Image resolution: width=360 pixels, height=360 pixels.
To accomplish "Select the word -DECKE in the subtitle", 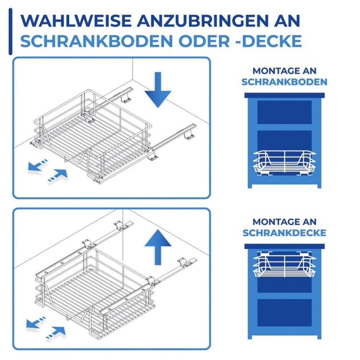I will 267,41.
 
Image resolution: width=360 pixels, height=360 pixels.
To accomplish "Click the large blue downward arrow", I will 158,90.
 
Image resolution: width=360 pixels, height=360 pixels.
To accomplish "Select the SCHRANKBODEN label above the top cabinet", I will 284,82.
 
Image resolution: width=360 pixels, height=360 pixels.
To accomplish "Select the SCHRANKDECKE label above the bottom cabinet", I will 284,233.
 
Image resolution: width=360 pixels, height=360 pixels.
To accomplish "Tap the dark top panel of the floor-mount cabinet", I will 284,112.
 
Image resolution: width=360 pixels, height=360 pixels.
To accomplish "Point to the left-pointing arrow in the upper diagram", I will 38,166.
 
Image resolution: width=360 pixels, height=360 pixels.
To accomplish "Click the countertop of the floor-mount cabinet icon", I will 284,95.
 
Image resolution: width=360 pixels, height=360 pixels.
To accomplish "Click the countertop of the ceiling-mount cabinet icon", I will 284,247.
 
